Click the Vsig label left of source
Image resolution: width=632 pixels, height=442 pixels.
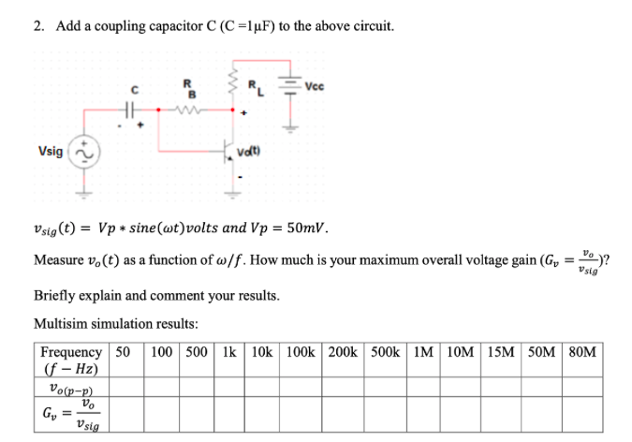click(51, 151)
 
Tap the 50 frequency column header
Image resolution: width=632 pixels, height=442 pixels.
click(122, 352)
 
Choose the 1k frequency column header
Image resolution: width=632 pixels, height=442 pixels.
click(230, 352)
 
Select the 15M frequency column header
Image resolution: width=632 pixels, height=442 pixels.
click(501, 352)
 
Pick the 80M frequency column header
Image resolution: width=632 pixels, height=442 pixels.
click(581, 352)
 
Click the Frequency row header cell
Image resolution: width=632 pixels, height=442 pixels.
click(72, 361)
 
